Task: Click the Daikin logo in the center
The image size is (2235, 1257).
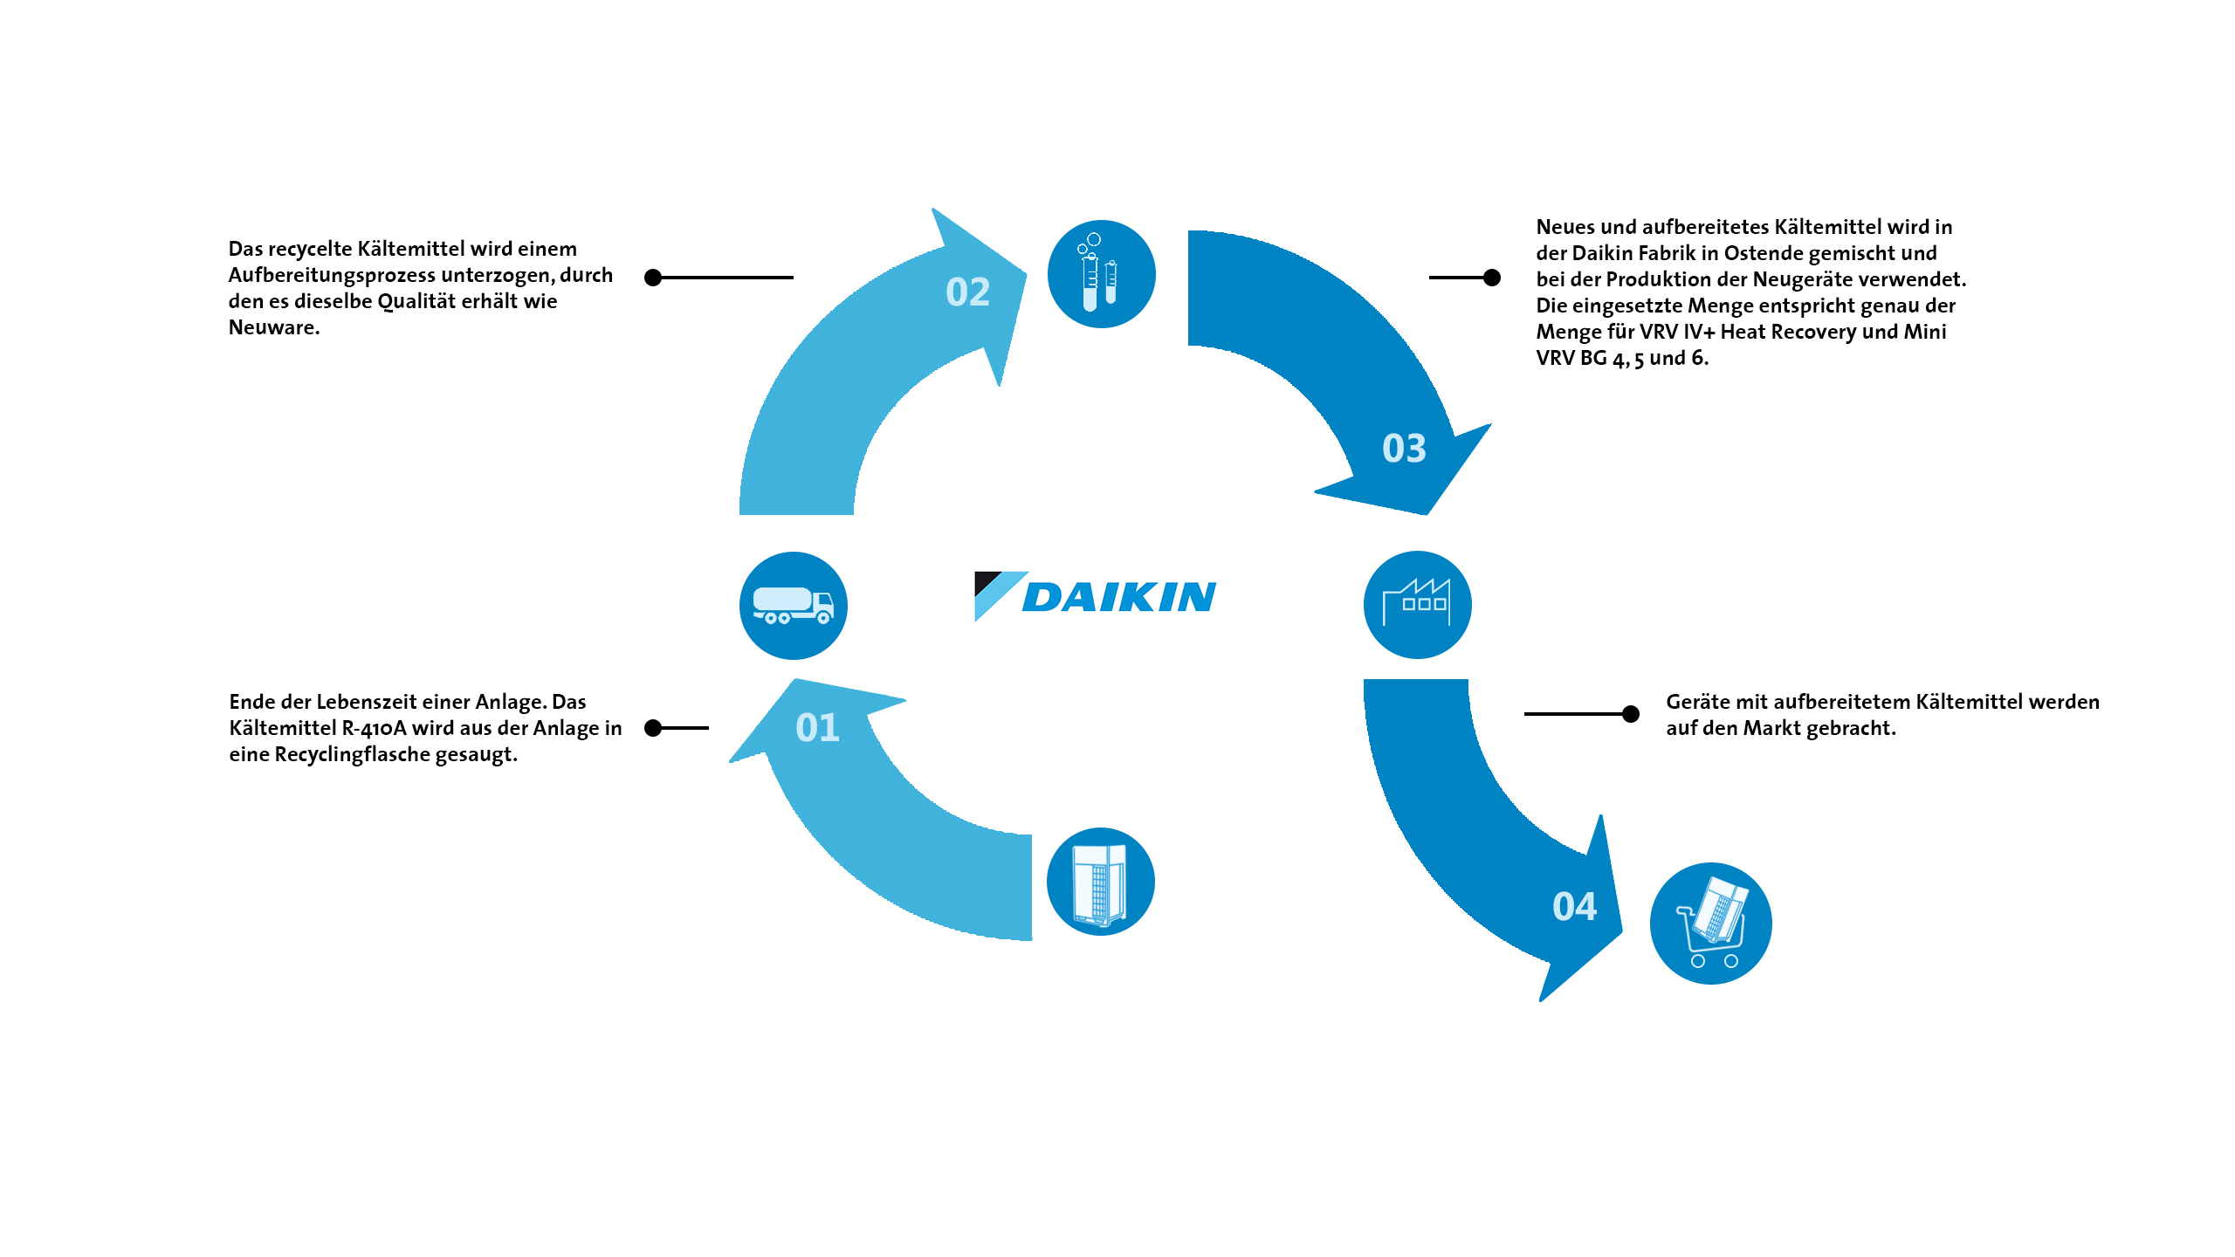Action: click(1095, 596)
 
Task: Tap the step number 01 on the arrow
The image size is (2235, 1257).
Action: click(817, 727)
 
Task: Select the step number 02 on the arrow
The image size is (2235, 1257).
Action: click(967, 292)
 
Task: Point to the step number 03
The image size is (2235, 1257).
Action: click(1404, 448)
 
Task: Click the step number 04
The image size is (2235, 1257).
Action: click(1574, 906)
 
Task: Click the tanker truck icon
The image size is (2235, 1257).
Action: click(793, 605)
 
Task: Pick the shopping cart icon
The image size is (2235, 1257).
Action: click(1710, 924)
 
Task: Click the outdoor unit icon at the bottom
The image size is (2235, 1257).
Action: click(1100, 882)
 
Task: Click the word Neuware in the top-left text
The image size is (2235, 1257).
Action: click(274, 328)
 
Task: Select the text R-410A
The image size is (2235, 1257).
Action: click(374, 729)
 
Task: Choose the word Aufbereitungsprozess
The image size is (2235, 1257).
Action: click(333, 276)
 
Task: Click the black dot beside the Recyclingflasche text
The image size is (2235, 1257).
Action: click(652, 728)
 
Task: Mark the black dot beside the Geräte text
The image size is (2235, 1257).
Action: click(1630, 714)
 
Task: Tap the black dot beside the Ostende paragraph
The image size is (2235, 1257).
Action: click(1492, 278)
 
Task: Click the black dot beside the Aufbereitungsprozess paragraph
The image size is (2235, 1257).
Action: click(652, 278)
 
